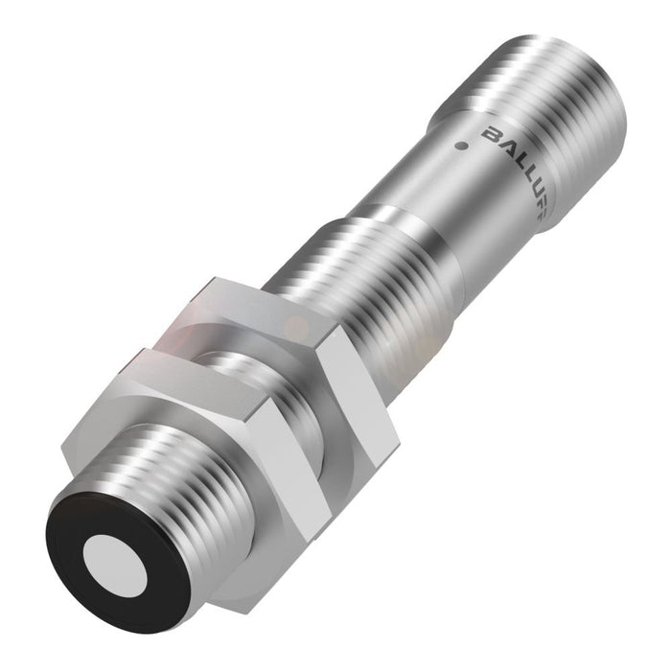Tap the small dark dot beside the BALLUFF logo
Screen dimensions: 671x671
point(464,148)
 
